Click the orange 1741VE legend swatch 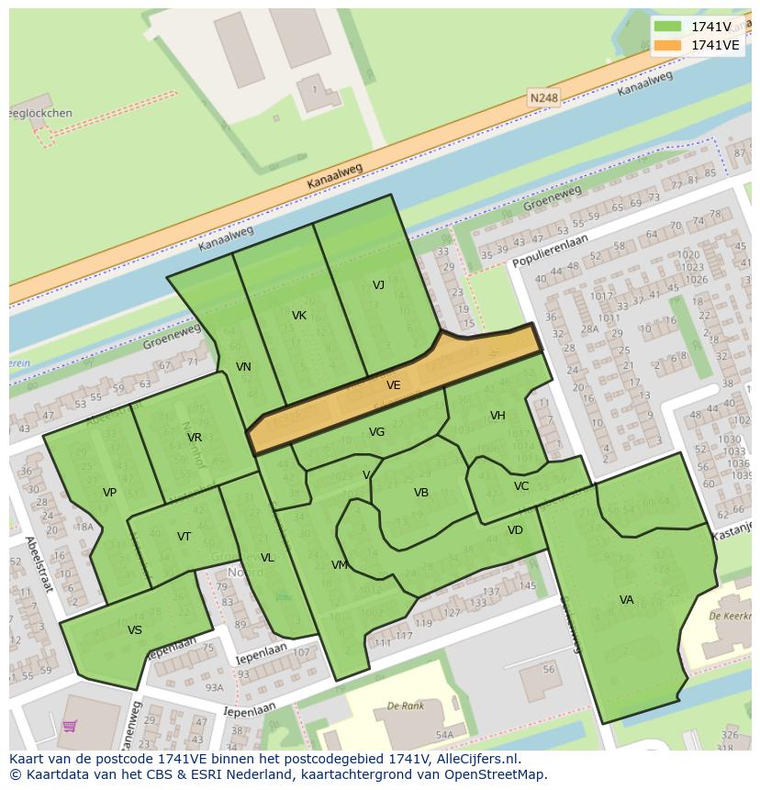pyautogui.click(x=668, y=45)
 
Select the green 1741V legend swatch pyautogui.click(x=668, y=27)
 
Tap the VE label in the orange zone pyautogui.click(x=394, y=385)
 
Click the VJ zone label pyautogui.click(x=378, y=284)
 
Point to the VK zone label pyautogui.click(x=299, y=316)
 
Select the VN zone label pyautogui.click(x=243, y=367)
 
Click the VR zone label pyautogui.click(x=195, y=438)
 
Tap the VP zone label pyautogui.click(x=109, y=493)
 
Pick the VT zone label pyautogui.click(x=184, y=537)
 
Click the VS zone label pyautogui.click(x=135, y=630)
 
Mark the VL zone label pyautogui.click(x=267, y=558)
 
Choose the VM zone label pyautogui.click(x=340, y=565)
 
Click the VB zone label pyautogui.click(x=421, y=493)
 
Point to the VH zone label pyautogui.click(x=497, y=416)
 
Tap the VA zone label pyautogui.click(x=626, y=600)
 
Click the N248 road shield pyautogui.click(x=543, y=96)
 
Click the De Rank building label pyautogui.click(x=405, y=706)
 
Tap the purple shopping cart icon pyautogui.click(x=70, y=726)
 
